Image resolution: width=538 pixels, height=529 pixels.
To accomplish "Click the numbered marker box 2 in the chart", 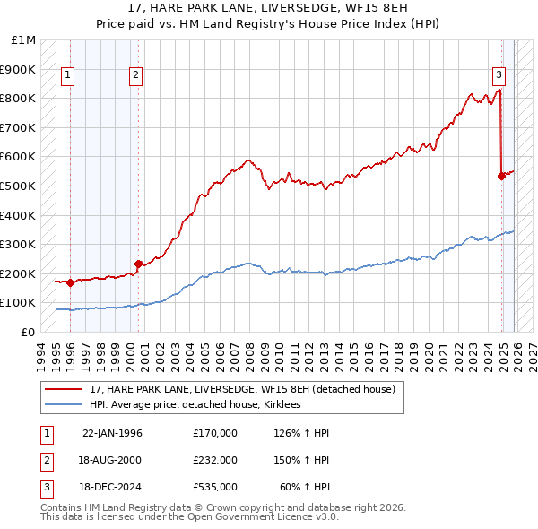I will tap(135, 75).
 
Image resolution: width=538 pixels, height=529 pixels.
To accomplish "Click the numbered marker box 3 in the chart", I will tap(499, 75).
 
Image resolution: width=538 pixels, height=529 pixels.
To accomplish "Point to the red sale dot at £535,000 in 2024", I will tap(501, 176).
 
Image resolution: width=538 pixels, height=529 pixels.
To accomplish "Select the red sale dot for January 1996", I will tap(71, 282).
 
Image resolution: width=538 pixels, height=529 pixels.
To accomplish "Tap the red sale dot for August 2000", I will tap(138, 264).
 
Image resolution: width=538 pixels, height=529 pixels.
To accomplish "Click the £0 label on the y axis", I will tap(27, 332).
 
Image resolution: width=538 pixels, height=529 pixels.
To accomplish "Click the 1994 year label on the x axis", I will tap(40, 353).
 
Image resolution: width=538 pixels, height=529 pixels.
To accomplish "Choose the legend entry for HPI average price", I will tap(195, 405).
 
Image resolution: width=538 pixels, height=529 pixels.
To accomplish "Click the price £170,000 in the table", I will tap(215, 433).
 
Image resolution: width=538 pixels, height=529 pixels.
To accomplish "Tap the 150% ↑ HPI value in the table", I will tap(303, 460).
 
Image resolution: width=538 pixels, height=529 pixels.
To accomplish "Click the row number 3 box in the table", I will tap(45, 487).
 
